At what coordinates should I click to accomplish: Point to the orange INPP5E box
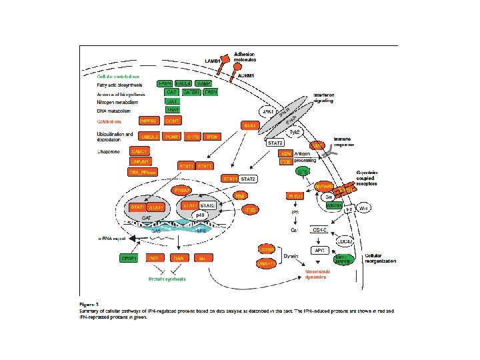click(147, 121)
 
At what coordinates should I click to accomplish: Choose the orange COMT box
click(173, 121)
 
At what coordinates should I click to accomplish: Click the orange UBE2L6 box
click(147, 136)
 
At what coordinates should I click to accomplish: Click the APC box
click(319, 250)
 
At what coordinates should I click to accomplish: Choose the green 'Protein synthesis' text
click(167, 279)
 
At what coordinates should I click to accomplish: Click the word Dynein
click(290, 255)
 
